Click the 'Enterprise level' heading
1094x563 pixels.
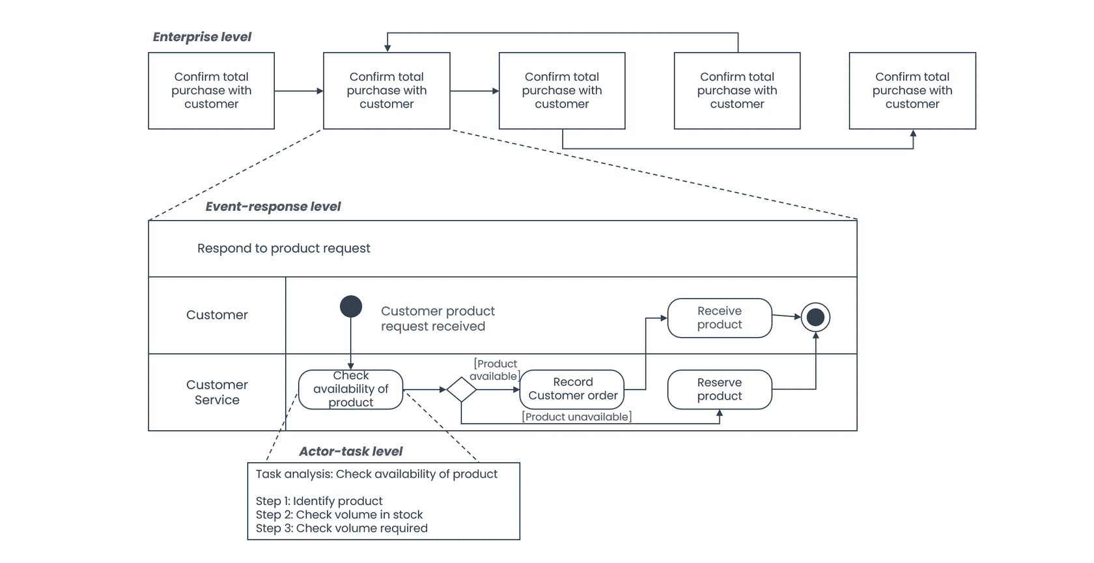tap(202, 37)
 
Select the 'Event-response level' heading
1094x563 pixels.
tap(272, 206)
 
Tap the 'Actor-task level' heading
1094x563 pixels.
tap(350, 451)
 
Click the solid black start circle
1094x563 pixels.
tap(350, 307)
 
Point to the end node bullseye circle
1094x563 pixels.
tap(815, 318)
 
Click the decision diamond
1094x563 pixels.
tap(461, 390)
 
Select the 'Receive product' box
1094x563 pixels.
tap(720, 318)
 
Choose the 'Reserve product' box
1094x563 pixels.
tap(720, 389)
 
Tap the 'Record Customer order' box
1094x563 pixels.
tap(572, 389)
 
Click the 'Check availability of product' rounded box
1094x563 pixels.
tap(350, 389)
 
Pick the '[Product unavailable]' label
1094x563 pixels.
tap(577, 417)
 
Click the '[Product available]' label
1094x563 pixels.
tap(494, 370)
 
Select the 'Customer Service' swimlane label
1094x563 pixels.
tap(217, 392)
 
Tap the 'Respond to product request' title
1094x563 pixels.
tap(284, 248)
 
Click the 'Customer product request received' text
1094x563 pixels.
tap(438, 318)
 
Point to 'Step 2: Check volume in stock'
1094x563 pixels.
tap(339, 515)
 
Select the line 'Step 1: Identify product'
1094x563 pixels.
tap(319, 501)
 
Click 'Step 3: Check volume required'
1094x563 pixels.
tap(341, 529)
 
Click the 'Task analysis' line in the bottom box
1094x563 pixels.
tap(376, 474)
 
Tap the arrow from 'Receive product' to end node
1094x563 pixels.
tap(787, 316)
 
